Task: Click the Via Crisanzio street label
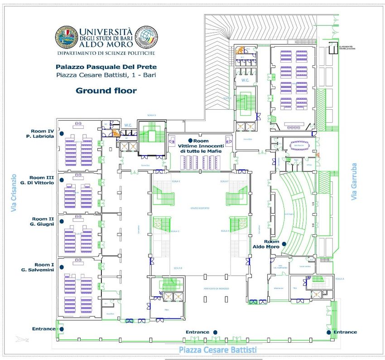tap(14, 193)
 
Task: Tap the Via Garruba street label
tap(354, 181)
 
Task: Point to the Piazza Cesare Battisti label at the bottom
tap(217, 350)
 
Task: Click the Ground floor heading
tap(106, 91)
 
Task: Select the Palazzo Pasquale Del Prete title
tap(106, 66)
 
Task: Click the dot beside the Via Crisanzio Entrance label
tap(62, 329)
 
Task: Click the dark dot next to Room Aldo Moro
tap(284, 244)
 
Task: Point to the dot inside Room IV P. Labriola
tap(62, 133)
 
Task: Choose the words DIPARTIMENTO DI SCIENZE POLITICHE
tap(106, 53)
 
